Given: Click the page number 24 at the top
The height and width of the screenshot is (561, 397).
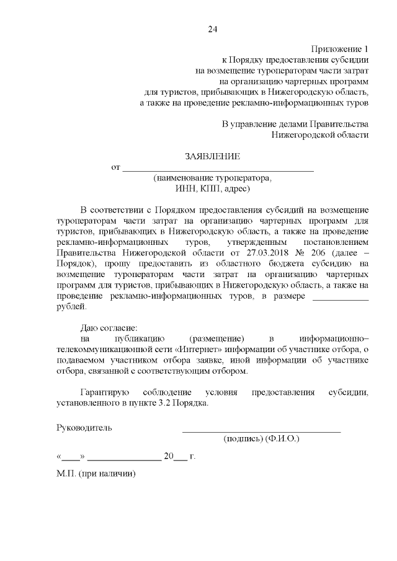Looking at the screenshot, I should point(213,29).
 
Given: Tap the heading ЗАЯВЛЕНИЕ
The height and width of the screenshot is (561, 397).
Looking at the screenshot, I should point(212,156).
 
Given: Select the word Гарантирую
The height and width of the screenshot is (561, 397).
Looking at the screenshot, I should point(104,393).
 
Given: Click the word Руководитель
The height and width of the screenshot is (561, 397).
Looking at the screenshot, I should point(84,427).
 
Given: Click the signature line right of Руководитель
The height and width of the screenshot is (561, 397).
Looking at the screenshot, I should point(261,429).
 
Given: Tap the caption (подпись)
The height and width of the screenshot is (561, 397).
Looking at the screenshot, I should point(243,438).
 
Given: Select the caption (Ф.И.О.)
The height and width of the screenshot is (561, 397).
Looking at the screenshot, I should point(282,438).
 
